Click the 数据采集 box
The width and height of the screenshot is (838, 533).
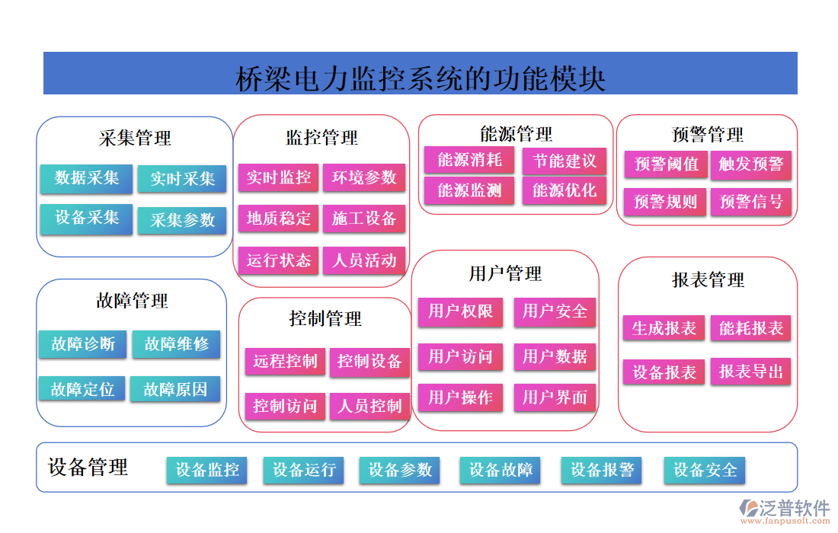[87, 178]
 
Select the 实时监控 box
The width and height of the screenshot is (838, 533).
[279, 178]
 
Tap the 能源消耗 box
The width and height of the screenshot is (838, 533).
[469, 160]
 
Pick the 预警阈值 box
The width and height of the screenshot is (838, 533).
[666, 164]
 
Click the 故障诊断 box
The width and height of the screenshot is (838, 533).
[83, 344]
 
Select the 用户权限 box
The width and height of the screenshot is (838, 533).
[460, 311]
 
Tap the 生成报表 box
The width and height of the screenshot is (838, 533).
[664, 328]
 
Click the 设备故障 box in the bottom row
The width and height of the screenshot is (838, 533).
[500, 470]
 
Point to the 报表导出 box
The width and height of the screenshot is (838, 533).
[751, 372]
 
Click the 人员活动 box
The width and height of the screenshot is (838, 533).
[364, 260]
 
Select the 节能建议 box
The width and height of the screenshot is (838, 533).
[565, 161]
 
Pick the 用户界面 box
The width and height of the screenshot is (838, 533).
[555, 397]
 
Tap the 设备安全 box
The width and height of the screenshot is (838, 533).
[705, 470]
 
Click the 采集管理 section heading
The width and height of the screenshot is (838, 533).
[135, 138]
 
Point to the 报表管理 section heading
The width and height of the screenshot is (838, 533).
[708, 280]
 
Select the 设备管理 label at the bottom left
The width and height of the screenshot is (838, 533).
[88, 467]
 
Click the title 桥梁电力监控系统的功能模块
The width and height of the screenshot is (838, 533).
[421, 78]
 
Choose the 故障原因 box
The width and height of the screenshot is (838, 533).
[175, 389]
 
